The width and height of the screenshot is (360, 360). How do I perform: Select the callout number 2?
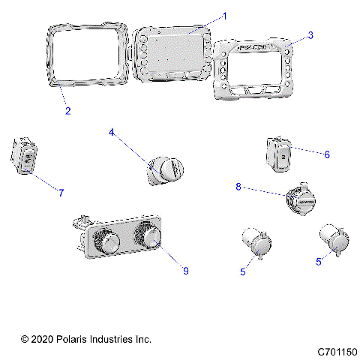67,111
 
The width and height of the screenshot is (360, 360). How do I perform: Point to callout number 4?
112,133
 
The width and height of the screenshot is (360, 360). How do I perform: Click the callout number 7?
61,193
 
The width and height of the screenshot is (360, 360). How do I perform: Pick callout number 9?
185,271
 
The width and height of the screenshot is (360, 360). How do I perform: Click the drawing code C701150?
337,351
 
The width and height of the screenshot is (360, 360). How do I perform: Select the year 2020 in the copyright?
43,340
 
